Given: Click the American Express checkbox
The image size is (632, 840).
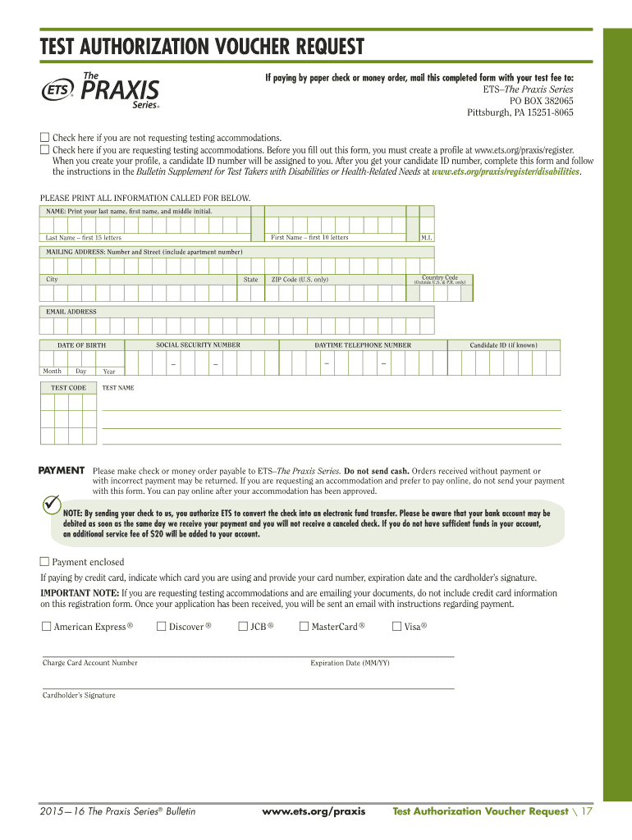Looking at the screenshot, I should coord(46,627).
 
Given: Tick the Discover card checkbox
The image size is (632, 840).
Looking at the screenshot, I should coord(161,627).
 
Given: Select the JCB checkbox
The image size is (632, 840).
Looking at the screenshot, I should coord(243,627).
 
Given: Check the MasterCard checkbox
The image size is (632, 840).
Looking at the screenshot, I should coord(304,627).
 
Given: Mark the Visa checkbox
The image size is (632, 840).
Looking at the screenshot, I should coord(397,627).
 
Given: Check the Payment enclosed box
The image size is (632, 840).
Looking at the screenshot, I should coord(45,562).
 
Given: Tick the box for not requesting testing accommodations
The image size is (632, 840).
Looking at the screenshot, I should coord(45,137).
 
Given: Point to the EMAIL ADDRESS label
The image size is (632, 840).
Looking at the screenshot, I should coord(71,312).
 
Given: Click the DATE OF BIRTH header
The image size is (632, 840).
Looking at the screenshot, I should coord(80,345).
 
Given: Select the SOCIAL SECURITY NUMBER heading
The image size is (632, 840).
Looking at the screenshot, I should coord(198,345).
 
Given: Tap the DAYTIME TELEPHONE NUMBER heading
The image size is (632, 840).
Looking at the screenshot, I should coord(363,345).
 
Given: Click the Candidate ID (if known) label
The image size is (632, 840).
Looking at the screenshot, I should coord(503,345).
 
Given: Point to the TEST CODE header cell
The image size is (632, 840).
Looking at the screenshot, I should coord(68,387).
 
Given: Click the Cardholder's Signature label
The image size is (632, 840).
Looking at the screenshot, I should coord(79,696).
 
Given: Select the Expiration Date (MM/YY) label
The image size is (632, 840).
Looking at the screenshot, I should coord(350,663).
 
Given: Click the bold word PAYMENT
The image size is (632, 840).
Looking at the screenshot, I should coord(62,471).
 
